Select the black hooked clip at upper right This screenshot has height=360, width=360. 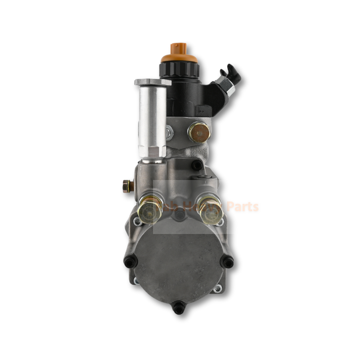pyautogui.click(x=231, y=72)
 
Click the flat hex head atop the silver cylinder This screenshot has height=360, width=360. pyautogui.click(x=153, y=82)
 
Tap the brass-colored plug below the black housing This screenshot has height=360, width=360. pyautogui.click(x=198, y=132)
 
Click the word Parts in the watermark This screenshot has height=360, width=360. pyautogui.click(x=243, y=207)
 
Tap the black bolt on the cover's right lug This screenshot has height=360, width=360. pyautogui.click(x=229, y=261)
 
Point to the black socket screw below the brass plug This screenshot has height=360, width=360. pyautogui.click(x=196, y=165)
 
